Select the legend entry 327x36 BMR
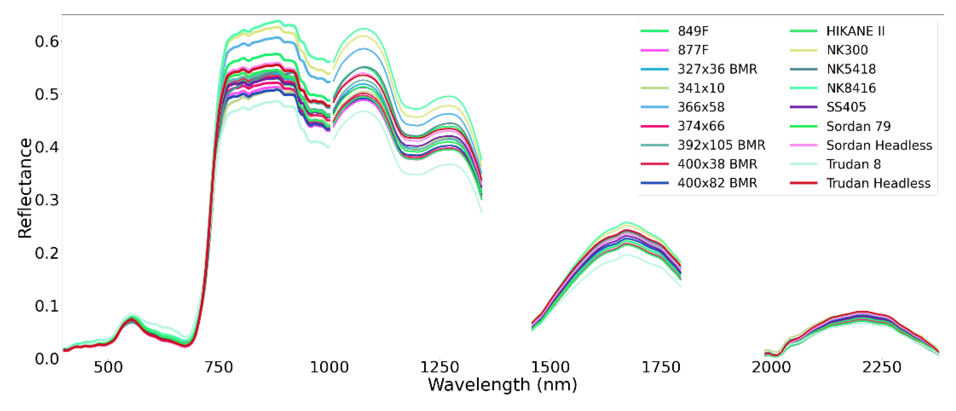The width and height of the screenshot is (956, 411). (717, 69)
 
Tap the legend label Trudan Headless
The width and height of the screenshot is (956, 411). (878, 183)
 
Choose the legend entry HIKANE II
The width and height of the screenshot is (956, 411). (855, 31)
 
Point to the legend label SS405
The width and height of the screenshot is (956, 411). (846, 107)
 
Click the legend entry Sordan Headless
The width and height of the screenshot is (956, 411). (879, 145)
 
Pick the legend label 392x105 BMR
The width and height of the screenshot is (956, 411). (721, 145)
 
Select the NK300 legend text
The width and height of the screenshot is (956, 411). (847, 50)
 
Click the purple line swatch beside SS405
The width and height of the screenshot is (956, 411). (804, 107)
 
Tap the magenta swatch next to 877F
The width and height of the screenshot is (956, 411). (655, 50)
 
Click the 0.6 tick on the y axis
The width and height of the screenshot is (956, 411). (47, 41)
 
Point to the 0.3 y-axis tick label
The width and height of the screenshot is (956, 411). (47, 200)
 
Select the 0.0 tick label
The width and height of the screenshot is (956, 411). (47, 359)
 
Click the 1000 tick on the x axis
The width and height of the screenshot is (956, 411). (329, 367)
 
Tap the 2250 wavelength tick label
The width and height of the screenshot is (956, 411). (881, 367)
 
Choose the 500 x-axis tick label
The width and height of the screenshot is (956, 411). (108, 367)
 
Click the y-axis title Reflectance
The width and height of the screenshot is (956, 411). (25, 188)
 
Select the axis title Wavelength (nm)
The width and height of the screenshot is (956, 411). (503, 385)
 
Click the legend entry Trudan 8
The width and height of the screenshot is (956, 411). (853, 164)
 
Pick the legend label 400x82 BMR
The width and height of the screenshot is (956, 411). (717, 183)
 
